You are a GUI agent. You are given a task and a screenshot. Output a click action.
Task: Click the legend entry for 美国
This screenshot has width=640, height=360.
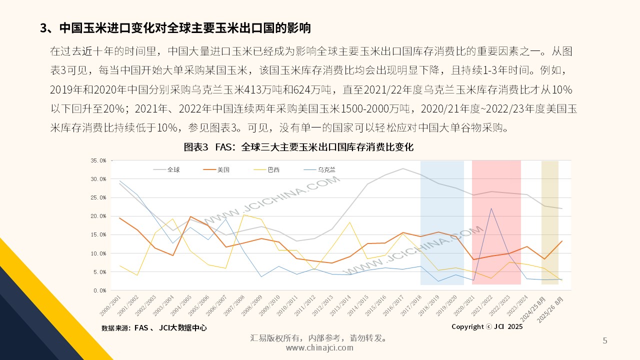point(223,169)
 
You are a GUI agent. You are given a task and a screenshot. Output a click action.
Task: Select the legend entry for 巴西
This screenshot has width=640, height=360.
point(273,169)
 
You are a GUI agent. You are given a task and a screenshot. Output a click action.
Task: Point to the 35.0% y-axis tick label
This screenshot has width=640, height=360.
point(98,160)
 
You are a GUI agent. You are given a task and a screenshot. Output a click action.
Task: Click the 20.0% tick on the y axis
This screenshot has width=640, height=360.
point(98,216)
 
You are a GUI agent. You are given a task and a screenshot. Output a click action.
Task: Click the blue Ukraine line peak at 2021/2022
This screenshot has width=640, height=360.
point(491,208)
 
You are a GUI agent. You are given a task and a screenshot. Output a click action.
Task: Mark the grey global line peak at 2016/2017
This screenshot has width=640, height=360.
point(403,168)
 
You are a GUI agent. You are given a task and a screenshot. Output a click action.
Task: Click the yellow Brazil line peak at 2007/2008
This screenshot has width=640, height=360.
point(244,214)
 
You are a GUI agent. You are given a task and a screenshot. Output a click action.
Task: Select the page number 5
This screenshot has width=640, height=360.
point(605,341)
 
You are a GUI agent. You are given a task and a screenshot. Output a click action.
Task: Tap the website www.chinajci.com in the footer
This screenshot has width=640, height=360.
point(319,348)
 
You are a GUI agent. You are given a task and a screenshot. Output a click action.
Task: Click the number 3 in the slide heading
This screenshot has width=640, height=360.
point(43,28)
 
